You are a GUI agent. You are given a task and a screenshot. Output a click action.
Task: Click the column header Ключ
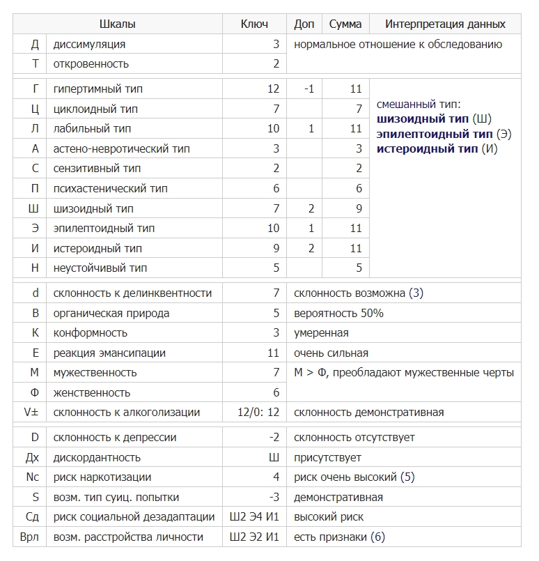click(x=254, y=24)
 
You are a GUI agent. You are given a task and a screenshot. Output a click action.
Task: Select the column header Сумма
click(x=345, y=24)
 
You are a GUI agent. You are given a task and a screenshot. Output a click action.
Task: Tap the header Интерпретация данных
click(x=446, y=24)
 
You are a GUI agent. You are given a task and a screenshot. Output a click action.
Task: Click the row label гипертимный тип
click(x=98, y=89)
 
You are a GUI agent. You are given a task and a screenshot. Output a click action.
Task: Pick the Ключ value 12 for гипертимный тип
click(x=272, y=89)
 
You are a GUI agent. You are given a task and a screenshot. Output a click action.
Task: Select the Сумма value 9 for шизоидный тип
click(x=359, y=208)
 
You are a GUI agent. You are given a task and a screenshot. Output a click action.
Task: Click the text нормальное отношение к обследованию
click(x=398, y=45)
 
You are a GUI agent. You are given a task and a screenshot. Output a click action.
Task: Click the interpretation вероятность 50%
click(x=338, y=314)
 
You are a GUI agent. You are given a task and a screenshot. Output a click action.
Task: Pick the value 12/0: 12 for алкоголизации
click(x=258, y=413)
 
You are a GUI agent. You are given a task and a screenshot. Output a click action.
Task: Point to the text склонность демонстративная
click(x=368, y=413)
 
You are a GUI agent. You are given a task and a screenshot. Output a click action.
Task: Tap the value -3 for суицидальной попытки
click(x=275, y=498)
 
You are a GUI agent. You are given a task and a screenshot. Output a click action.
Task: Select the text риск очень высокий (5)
click(x=354, y=477)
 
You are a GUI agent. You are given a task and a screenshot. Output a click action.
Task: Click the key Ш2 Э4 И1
click(x=254, y=517)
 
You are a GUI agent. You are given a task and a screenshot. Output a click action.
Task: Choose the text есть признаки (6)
click(x=339, y=537)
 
